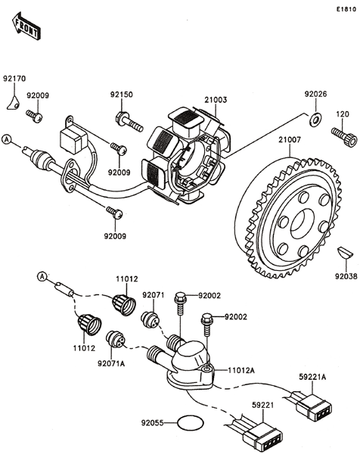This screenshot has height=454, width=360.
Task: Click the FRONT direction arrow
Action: point(26,26)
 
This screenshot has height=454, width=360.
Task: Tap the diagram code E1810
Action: point(346,9)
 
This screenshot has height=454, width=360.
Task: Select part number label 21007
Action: point(290,140)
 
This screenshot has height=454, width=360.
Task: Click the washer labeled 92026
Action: point(315,120)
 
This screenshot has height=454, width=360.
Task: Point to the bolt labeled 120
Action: point(344,135)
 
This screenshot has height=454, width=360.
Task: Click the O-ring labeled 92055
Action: point(191,423)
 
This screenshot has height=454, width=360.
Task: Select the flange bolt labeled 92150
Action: point(129,122)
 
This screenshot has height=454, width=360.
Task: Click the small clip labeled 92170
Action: point(14,103)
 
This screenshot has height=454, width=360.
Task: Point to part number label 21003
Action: point(216,100)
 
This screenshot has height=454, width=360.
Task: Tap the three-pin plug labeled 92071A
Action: point(115,338)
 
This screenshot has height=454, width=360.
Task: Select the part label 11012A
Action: point(241,370)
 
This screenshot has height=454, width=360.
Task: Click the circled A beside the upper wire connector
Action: point(6,139)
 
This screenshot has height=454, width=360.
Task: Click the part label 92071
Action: point(153,295)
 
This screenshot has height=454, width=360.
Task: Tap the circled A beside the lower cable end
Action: point(42,276)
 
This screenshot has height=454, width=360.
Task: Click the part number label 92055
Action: point(153,423)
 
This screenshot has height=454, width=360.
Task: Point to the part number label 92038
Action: point(346,276)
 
